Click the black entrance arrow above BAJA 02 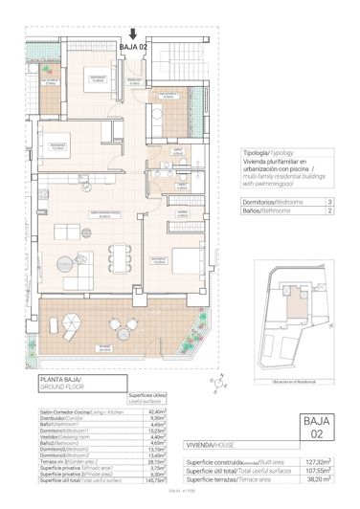(x=133, y=32)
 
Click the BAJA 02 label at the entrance (x=133, y=44)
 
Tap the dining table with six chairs (x=120, y=254)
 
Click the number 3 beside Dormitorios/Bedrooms (x=328, y=202)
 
